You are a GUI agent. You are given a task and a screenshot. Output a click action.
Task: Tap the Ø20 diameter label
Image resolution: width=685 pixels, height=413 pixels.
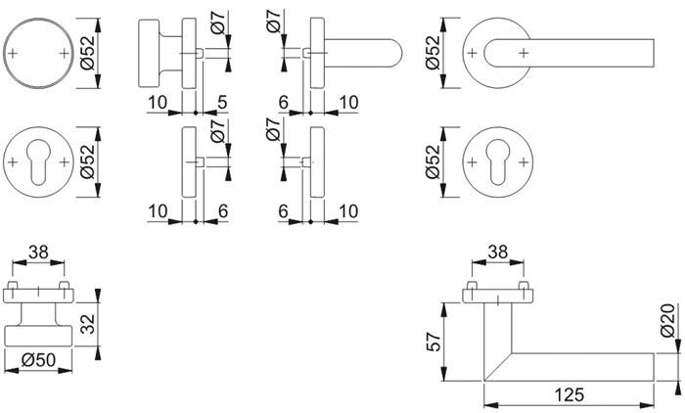(668, 320)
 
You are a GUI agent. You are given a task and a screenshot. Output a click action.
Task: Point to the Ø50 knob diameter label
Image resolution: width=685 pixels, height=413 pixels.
(38, 362)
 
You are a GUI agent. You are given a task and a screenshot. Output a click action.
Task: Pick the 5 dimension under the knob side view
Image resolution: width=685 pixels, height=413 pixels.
(222, 102)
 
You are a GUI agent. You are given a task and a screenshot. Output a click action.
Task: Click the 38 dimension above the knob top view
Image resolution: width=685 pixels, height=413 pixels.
(38, 252)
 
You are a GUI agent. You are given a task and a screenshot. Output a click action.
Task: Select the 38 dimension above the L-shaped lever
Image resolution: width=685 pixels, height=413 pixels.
(497, 252)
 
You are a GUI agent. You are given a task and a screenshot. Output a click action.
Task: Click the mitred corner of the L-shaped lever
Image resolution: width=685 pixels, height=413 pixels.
(492, 362)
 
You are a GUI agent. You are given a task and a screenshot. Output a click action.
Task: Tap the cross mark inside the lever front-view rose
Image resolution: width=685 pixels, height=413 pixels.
(524, 51)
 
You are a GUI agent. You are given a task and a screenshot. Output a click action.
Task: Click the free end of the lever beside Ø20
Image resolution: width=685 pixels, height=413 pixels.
(646, 364)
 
